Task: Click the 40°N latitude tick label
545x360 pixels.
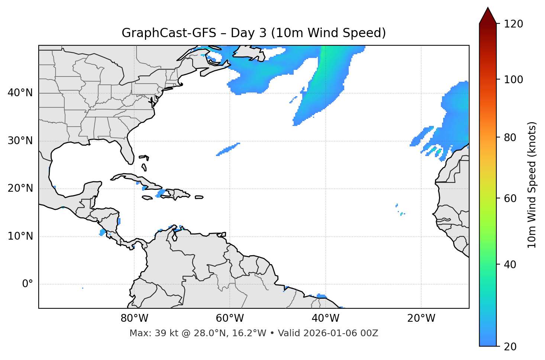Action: coord(20,93)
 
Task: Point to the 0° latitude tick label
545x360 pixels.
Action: coord(27,284)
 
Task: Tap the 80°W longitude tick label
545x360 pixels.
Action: coord(134,318)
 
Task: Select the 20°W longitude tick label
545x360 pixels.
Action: coord(421,318)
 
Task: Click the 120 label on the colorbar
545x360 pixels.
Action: coord(513,24)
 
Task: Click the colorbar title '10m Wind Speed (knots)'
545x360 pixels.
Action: coord(532,185)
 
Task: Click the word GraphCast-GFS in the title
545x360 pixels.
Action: coord(169,33)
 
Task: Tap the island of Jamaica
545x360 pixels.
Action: coord(147,198)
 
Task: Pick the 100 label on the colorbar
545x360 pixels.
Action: coord(513,80)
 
